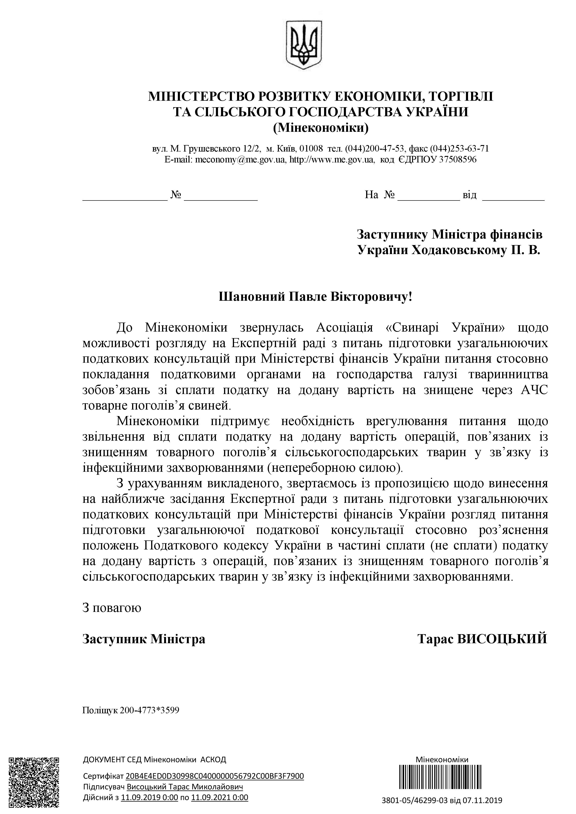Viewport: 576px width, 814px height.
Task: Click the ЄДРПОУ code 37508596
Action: tap(458, 160)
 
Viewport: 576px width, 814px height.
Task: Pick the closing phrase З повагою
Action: tap(112, 607)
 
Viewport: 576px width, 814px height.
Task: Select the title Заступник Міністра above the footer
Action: tap(144, 639)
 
